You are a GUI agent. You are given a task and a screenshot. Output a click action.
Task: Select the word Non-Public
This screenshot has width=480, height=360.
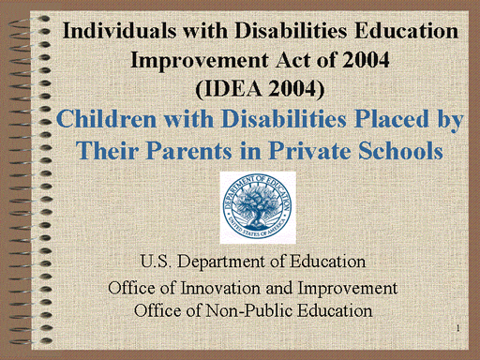pyautogui.click(x=236, y=307)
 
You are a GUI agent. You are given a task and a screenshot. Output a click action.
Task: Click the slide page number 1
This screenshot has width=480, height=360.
pyautogui.click(x=457, y=327)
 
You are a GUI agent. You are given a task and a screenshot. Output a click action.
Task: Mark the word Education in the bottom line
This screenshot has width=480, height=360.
pyautogui.click(x=336, y=307)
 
